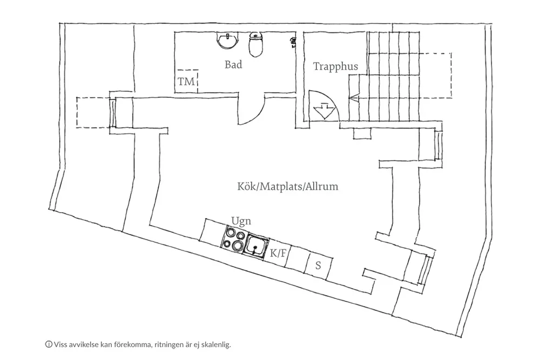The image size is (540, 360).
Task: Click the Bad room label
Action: tap(233, 64)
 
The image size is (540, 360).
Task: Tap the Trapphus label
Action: tap(335, 66)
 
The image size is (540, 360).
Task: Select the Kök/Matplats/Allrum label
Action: tap(288, 187)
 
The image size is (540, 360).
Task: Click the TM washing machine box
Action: tap(186, 81)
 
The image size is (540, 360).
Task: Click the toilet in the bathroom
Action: tap(256, 44)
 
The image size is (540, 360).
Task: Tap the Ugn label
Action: tap(241, 221)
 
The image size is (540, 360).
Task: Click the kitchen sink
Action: tap(255, 246)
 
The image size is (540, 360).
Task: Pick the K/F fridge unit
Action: tap(278, 254)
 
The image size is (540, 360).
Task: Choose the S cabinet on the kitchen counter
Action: tap(319, 266)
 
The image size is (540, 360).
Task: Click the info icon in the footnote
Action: tap(49, 344)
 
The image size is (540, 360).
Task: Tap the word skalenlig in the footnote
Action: tap(217, 344)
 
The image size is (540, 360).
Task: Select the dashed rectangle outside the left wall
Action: tap(93, 113)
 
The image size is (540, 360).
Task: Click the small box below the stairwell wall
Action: tap(363, 133)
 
